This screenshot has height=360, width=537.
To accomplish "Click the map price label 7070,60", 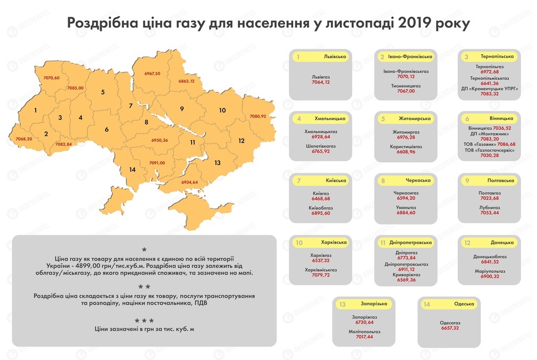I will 51,78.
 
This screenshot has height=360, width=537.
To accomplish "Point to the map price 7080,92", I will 257,116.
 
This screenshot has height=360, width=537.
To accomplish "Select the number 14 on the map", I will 132,169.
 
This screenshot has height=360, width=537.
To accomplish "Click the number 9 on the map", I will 181,109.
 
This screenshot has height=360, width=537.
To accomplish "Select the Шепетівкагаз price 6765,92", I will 320,151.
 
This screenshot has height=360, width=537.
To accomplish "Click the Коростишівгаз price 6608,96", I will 406,151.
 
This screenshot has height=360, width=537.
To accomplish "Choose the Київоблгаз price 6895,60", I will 320,213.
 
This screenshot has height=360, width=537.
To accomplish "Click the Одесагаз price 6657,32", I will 449,328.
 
